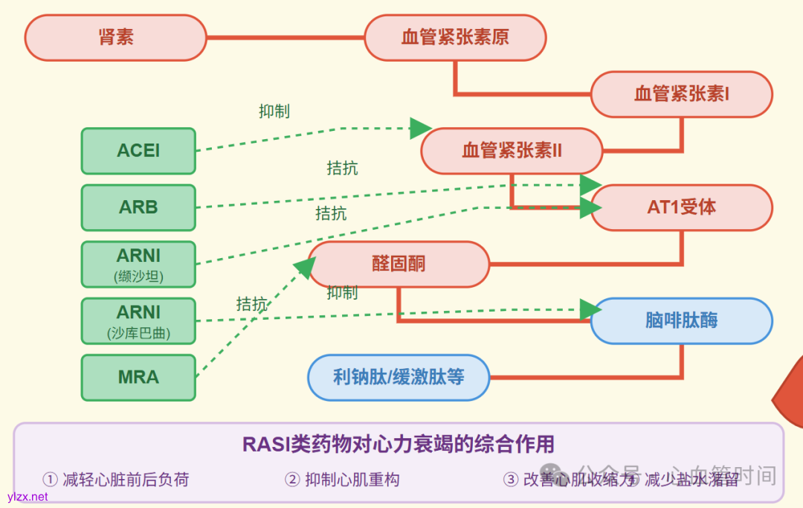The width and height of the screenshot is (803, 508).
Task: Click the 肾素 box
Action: [115, 37]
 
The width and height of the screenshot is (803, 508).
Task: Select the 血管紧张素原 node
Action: [455, 37]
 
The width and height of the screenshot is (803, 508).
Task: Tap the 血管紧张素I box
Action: [681, 94]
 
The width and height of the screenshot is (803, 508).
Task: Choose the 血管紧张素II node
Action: [512, 151]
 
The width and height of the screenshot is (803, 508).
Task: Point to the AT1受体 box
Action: [681, 208]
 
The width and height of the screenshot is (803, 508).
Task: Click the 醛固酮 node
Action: [399, 264]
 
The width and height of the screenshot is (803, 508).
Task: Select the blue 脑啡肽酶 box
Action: [681, 321]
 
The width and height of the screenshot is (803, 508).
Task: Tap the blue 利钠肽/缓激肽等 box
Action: [399, 377]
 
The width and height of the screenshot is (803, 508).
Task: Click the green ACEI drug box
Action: [138, 151]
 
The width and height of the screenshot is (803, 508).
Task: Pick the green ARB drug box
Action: [138, 208]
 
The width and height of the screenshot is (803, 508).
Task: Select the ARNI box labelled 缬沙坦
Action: [138, 264]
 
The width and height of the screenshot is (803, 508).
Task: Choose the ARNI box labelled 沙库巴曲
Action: [138, 321]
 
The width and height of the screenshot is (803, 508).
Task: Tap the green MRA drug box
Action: [138, 377]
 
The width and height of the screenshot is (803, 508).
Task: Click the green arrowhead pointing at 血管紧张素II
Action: [420, 128]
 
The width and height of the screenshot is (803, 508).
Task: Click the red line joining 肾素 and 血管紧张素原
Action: [285, 37]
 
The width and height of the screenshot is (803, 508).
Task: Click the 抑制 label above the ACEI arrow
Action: [274, 112]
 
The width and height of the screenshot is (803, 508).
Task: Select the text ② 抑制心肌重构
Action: [343, 480]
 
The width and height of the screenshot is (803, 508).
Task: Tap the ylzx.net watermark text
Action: [28, 497]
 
